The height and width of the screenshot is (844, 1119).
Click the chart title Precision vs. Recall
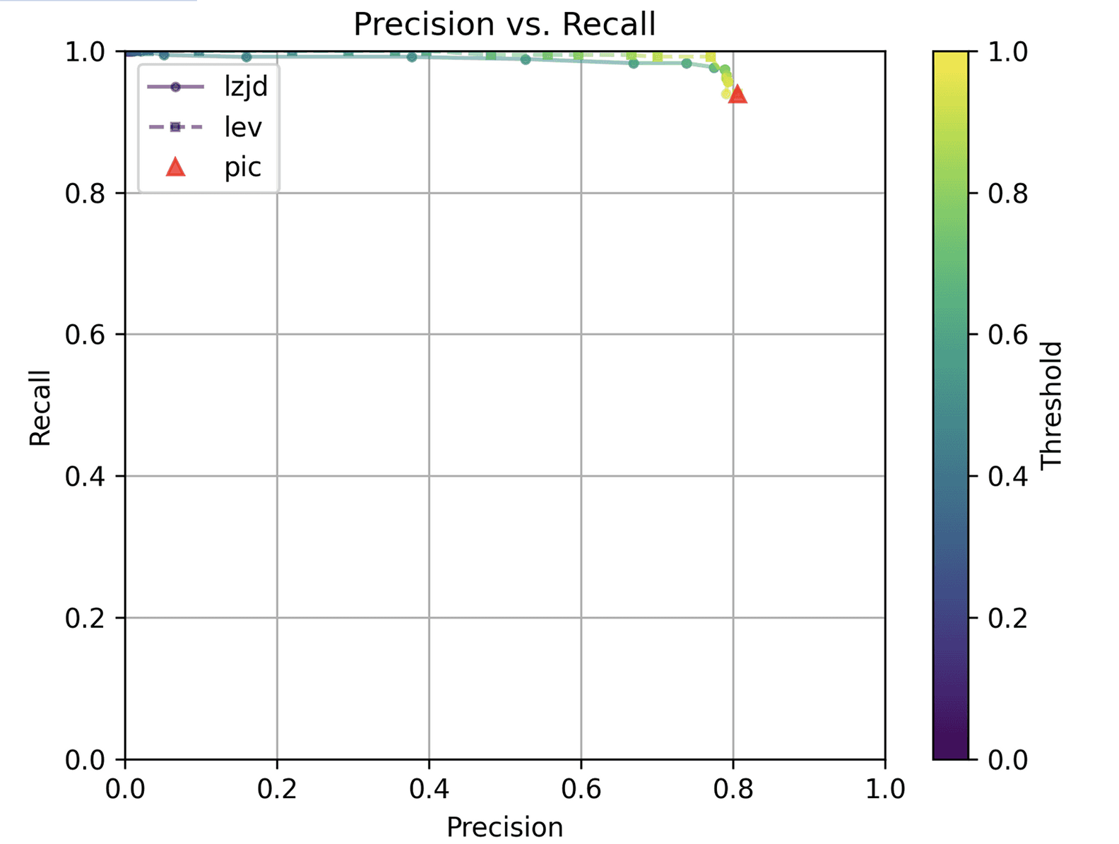click(504, 24)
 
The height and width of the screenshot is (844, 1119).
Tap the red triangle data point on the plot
click(738, 95)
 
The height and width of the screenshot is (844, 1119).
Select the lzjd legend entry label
click(246, 86)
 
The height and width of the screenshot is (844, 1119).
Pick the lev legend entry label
click(243, 127)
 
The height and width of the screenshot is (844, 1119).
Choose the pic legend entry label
click(243, 167)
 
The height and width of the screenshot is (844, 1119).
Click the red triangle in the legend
click(175, 167)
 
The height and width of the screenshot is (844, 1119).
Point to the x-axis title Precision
click(504, 826)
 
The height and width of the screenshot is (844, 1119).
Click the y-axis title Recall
click(40, 408)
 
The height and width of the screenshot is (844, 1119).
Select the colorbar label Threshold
click(1052, 405)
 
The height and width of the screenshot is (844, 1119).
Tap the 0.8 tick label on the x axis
click(733, 788)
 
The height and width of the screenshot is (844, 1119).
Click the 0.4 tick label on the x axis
click(429, 788)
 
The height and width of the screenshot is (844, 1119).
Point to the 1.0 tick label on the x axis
click(884, 788)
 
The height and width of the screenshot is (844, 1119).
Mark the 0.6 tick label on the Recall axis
click(85, 335)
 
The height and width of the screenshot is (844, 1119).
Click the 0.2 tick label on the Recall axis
click(85, 618)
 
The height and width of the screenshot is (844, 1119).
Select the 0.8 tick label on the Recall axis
click(85, 194)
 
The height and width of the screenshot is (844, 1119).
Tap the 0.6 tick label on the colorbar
click(1007, 335)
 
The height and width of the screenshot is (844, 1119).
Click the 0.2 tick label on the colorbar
click(1007, 618)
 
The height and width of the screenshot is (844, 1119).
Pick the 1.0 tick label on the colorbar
click(1007, 52)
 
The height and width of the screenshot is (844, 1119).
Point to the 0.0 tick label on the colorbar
click(1007, 760)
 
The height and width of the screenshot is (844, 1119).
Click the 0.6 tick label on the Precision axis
click(581, 788)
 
